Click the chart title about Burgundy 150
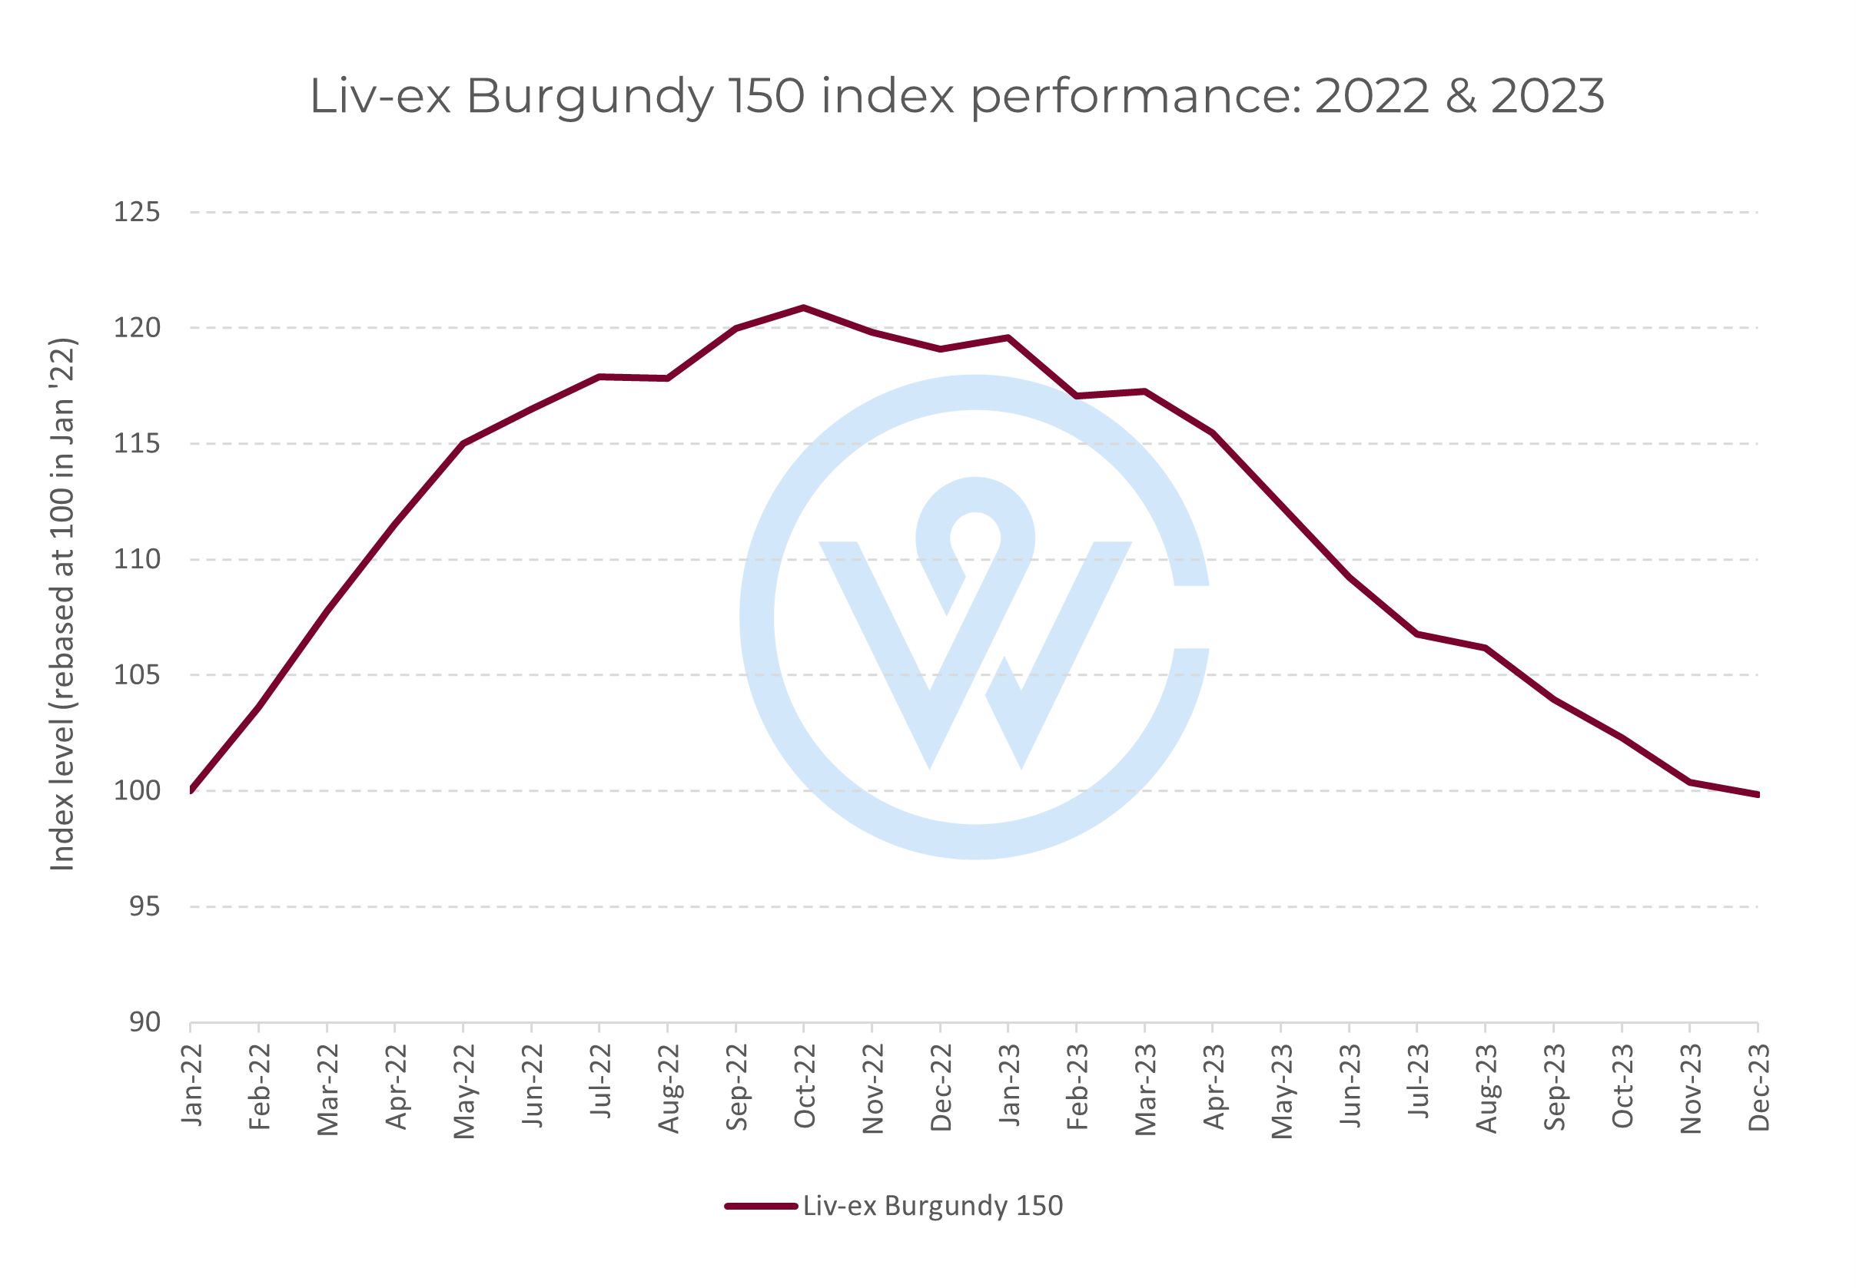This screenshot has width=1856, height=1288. [956, 96]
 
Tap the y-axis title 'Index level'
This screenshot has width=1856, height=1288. [63, 604]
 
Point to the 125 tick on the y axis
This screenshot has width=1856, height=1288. [137, 213]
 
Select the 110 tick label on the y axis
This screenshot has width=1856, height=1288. [137, 559]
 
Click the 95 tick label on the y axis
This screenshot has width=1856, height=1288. [144, 906]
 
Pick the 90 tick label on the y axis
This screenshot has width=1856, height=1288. [144, 1022]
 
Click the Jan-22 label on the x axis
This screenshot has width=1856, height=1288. [192, 1085]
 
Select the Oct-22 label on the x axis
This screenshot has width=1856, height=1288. [805, 1086]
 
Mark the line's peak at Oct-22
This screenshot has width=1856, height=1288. [803, 307]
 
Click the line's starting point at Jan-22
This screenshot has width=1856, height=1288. [191, 790]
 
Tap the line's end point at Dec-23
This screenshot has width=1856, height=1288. [1758, 795]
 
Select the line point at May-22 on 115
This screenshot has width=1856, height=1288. [463, 443]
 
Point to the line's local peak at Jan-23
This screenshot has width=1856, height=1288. [1008, 337]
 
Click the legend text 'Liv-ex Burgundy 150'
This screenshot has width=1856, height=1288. [932, 1206]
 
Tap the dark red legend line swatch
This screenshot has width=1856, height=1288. [761, 1207]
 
